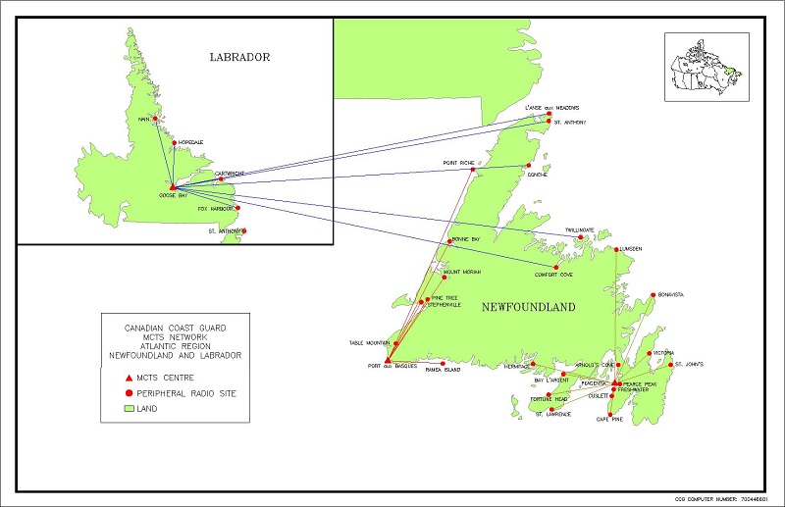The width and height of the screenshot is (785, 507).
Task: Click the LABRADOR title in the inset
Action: [239, 57]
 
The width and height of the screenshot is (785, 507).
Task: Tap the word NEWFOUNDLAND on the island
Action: [528, 307]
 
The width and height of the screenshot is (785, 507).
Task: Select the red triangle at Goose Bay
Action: [172, 186]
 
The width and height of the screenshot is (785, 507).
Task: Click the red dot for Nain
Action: [155, 119]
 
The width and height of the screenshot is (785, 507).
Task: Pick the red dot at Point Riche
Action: [472, 170]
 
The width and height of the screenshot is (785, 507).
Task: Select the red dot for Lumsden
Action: [615, 249]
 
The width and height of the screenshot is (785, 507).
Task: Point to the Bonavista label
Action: [671, 293]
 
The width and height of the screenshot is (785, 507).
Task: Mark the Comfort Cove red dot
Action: [555, 268]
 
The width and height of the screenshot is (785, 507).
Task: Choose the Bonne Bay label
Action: [465, 239]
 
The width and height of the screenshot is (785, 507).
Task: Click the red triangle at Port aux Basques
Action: [389, 360]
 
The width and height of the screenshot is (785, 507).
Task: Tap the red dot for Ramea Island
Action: [443, 364]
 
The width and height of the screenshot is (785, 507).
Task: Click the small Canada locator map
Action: [706, 65]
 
